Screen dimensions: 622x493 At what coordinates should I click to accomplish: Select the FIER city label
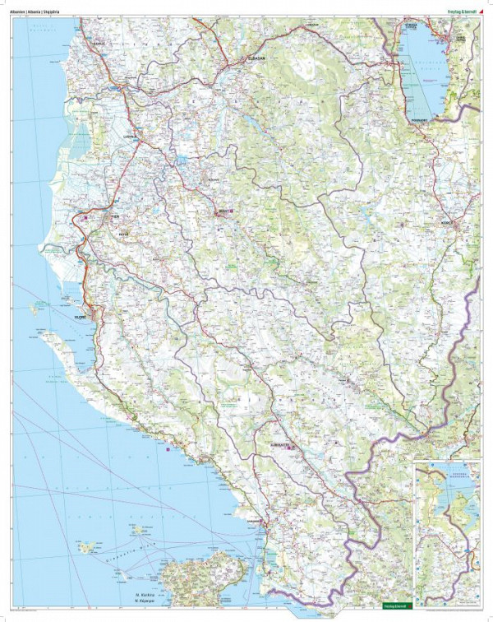click(x=114, y=217)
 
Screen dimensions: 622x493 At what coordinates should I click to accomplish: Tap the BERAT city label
click(x=222, y=211)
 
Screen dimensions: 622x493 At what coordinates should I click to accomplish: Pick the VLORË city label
click(x=80, y=315)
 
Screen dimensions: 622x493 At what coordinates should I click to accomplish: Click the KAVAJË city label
click(x=99, y=41)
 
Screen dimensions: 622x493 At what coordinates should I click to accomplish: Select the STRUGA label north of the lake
click(x=410, y=26)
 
